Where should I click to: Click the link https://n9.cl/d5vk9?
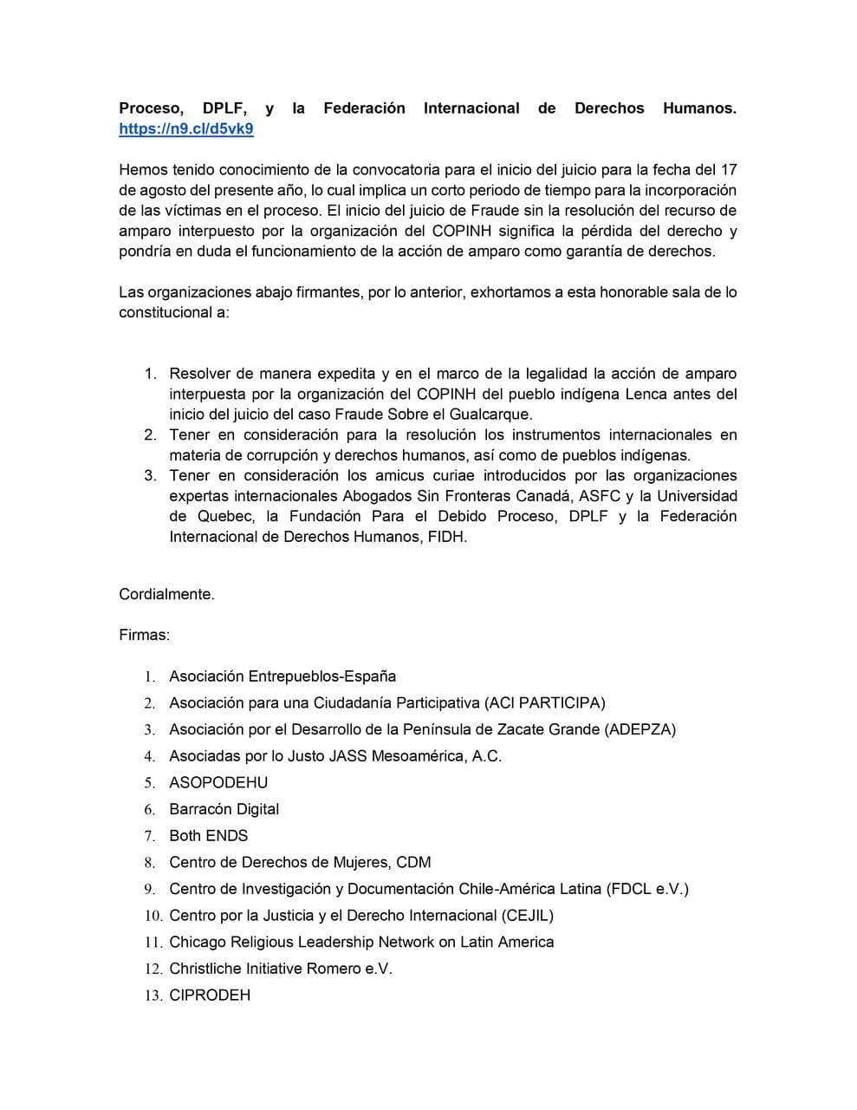pos(186,129)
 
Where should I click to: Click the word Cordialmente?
pos(166,594)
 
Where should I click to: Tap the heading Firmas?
pos(144,635)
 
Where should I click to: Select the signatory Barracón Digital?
pos(224,809)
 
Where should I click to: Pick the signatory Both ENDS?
pos(208,836)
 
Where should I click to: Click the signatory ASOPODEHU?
pos(218,782)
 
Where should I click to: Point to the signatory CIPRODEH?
pos(210,996)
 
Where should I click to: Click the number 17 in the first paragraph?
pos(728,169)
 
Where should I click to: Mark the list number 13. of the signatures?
pos(153,996)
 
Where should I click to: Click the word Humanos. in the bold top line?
pos(699,108)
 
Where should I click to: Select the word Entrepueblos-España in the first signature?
pos(322,676)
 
